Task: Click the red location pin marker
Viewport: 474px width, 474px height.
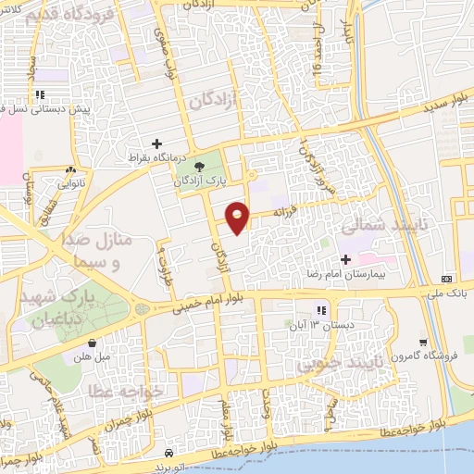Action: click(238, 217)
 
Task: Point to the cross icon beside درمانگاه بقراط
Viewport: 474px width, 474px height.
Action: click(157, 143)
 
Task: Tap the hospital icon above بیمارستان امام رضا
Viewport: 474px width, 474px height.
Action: click(346, 260)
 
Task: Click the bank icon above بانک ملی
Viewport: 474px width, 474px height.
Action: click(447, 279)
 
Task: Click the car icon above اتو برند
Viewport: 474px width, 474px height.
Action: click(168, 454)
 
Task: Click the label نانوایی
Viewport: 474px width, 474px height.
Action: click(71, 184)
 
